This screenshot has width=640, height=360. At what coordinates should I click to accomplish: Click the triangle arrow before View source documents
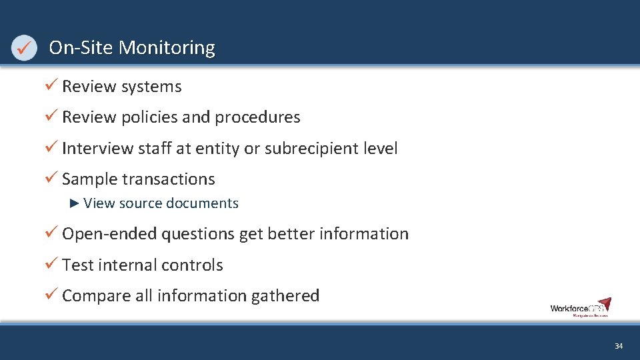[x=75, y=203]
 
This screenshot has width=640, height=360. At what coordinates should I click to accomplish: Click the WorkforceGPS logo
[x=580, y=307]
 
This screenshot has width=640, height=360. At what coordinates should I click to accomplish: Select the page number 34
[x=619, y=346]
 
